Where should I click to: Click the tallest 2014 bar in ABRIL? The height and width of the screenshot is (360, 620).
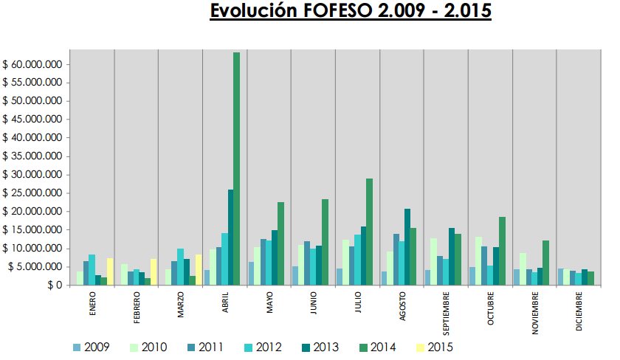pos(236,169)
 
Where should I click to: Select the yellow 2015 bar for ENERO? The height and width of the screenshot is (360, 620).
pos(110,271)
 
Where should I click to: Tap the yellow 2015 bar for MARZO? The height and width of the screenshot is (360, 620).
pos(199,270)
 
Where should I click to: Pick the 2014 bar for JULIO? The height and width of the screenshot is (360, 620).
pos(369,232)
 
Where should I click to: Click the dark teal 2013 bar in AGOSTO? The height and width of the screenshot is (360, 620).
pos(407,247)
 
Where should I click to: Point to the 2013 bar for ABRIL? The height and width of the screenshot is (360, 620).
pos(230,237)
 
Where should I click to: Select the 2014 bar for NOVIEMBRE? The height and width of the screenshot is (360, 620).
pos(546,263)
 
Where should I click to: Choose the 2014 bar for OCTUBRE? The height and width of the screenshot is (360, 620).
pos(502,251)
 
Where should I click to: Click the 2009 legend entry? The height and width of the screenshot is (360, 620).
pos(92,347)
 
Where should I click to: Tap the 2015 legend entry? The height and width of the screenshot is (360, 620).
pos(435,347)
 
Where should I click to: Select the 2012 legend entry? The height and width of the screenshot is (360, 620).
pos(263,347)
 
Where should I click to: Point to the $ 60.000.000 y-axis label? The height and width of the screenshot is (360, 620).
pos(32,64)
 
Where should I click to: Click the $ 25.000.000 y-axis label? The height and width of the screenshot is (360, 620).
pos(32,193)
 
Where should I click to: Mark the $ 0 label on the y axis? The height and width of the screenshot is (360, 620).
pos(55,285)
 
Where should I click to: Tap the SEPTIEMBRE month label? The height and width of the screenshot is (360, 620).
pos(446,314)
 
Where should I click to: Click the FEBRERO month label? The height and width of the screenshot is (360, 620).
pos(137,308)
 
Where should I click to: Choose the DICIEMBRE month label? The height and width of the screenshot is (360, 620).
pos(579,311)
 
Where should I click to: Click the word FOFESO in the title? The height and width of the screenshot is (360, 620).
pos(338,10)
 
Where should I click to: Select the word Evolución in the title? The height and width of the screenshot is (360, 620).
pos(253,10)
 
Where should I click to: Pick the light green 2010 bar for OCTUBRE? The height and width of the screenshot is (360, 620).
pos(478,261)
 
